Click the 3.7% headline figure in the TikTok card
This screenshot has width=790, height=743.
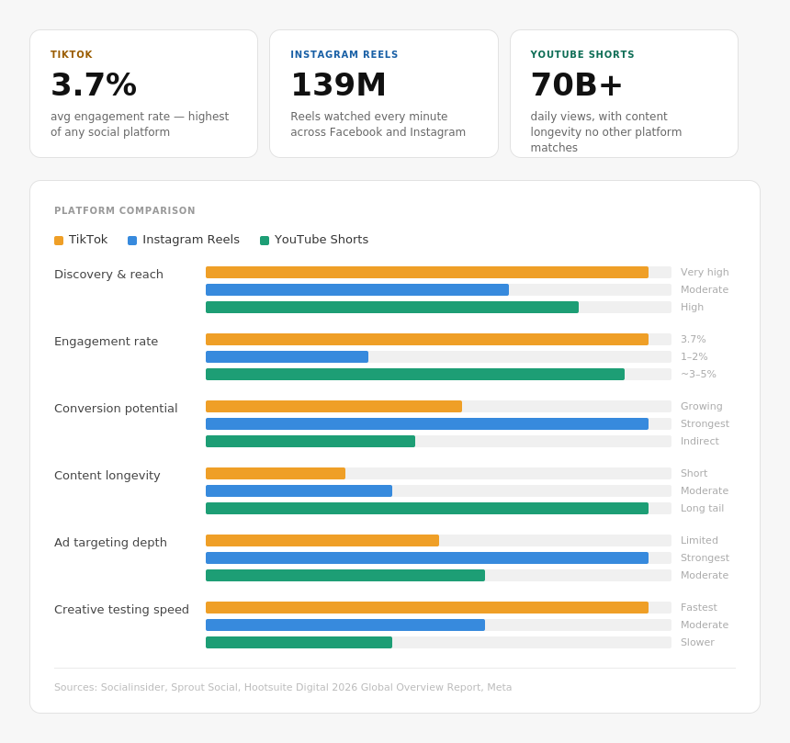point(94,84)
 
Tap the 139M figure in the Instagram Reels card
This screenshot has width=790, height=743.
point(338,84)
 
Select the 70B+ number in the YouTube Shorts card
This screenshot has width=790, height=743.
point(576,84)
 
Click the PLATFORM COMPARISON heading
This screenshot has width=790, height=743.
point(125,211)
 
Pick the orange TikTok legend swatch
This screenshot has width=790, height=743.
point(59,241)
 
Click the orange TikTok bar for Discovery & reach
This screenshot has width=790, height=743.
point(426,273)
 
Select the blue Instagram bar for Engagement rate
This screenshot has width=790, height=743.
point(287,357)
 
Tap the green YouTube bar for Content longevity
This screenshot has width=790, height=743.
point(426,509)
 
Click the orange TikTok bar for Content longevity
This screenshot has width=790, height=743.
point(276,474)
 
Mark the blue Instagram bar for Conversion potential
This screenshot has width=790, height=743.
point(426,424)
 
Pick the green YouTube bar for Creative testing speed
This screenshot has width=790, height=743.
point(299,643)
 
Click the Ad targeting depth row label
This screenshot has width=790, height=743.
point(110,543)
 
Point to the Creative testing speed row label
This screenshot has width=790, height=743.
point(121,610)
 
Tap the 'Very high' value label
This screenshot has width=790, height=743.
point(705,273)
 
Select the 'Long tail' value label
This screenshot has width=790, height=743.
point(702,509)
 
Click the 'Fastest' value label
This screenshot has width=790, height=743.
point(698,608)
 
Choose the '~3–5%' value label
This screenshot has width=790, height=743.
point(698,375)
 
